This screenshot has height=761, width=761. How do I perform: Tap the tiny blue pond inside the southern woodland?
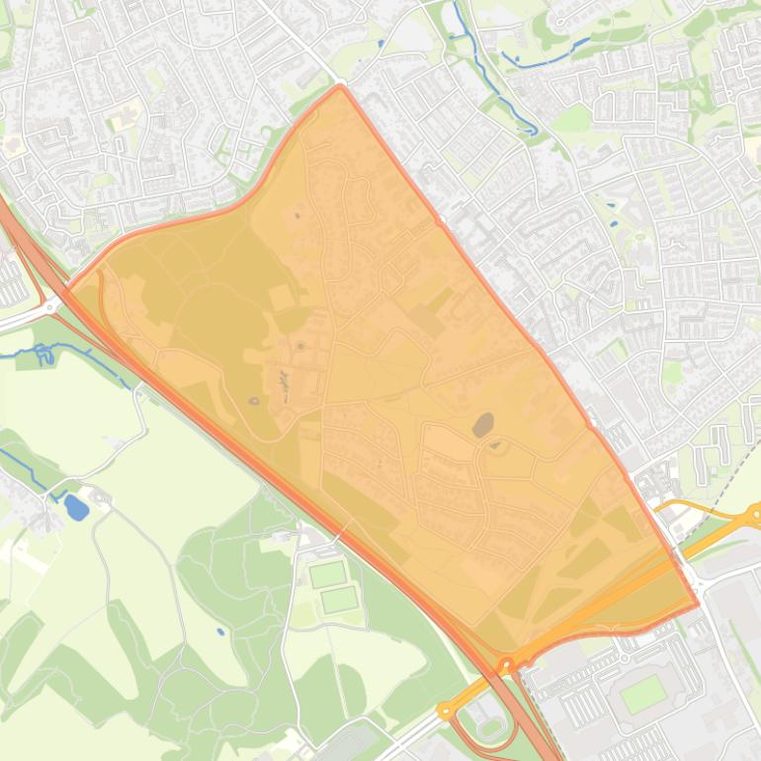pyautogui.click(x=219, y=631)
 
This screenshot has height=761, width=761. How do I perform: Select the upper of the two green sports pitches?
pyautogui.click(x=326, y=574)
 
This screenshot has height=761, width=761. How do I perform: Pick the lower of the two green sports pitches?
pyautogui.click(x=338, y=599)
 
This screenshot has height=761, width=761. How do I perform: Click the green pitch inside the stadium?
pyautogui.click(x=643, y=694)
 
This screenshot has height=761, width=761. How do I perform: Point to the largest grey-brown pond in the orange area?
pyautogui.click(x=483, y=425)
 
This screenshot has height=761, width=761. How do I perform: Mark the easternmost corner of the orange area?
pyautogui.click(x=698, y=603)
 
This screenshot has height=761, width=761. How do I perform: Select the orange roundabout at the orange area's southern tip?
pyautogui.click(x=507, y=666)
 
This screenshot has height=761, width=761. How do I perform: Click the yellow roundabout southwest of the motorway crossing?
pyautogui.click(x=446, y=711)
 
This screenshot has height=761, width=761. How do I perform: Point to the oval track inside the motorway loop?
pyautogui.click(x=489, y=726)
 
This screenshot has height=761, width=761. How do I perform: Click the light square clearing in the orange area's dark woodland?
pyautogui.click(x=281, y=295)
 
